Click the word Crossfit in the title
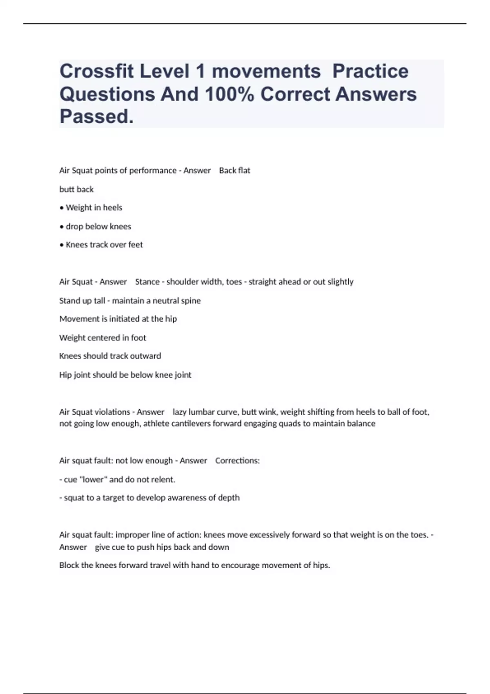tap(96, 71)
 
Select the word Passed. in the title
tap(96, 117)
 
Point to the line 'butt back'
tap(76, 189)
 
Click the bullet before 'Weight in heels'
tap(62, 208)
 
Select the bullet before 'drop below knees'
tap(62, 227)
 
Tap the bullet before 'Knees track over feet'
tap(62, 245)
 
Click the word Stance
tap(147, 282)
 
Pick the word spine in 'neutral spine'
tap(190, 301)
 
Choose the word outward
tap(145, 356)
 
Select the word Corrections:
tap(237, 460)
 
